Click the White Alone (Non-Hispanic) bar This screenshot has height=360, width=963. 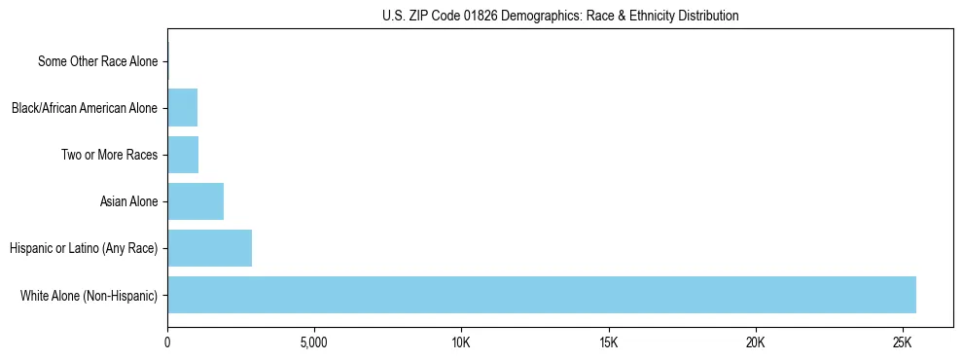pos(542,295)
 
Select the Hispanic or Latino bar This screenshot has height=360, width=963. pos(209,248)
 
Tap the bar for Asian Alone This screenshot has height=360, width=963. pos(196,201)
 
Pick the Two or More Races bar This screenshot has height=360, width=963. pos(183,155)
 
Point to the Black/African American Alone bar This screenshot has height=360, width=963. pos(182,108)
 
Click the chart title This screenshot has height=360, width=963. pos(560,16)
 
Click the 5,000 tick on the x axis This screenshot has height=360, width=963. pos(314,343)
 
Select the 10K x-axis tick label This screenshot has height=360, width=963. pos(461,343)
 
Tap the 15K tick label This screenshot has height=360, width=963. pos(609,343)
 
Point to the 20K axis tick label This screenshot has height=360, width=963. pos(756,343)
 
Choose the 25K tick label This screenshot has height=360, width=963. pos(903,343)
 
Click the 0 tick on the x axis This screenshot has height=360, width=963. pos(167,343)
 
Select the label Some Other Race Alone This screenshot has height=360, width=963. pos(97,62)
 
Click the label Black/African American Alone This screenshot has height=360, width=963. pos(84,108)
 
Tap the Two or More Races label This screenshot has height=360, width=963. pos(109,155)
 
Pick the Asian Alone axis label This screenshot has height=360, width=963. pos(128,201)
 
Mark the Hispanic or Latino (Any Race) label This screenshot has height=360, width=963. pos(84,248)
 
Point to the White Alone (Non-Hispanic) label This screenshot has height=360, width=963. pos(89,295)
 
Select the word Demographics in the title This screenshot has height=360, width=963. pos(538,16)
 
